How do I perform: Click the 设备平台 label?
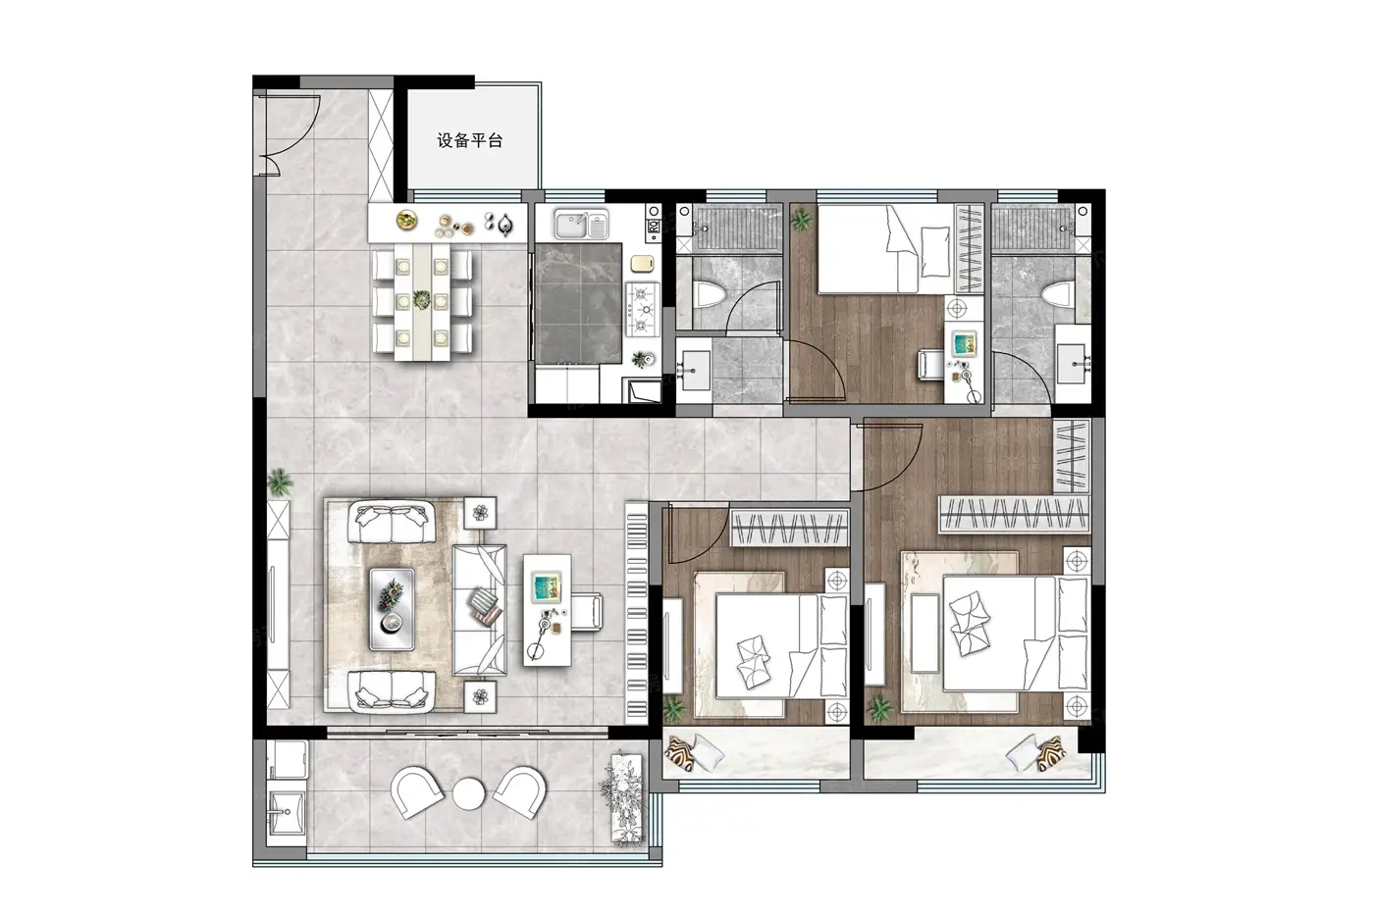pos(470,140)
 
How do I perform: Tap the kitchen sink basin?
pos(581,225)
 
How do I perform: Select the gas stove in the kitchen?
pos(642,309)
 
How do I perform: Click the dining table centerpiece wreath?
pos(421,299)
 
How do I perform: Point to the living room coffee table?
pos(392,609)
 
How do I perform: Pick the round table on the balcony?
pos(469,793)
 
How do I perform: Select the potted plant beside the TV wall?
pos(280,482)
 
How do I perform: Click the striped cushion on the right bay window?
pos(1051,752)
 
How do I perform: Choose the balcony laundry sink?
pos(286,813)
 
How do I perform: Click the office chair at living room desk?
pos(587,611)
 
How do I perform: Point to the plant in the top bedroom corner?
pos(801,220)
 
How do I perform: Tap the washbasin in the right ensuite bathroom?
pos(1072,364)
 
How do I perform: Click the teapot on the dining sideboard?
pos(504,225)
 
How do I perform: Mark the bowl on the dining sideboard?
pos(406,220)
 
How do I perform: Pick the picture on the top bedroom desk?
pos(964,343)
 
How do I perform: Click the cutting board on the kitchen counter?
pos(642,262)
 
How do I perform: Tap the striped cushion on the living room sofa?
pos(486,607)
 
